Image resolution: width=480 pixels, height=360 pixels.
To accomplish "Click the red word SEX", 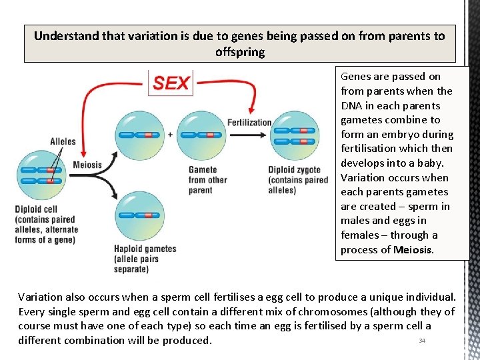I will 171,83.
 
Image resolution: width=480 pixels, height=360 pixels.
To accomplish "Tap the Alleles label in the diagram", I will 63,141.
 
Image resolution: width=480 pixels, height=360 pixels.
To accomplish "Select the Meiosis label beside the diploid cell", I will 87,165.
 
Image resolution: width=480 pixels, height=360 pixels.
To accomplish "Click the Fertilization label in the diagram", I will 249,123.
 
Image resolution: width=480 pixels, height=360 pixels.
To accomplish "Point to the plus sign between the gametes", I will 171,134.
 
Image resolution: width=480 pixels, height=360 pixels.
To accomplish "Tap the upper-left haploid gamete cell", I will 139,134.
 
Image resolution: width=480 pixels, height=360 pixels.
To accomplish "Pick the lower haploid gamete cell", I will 139,214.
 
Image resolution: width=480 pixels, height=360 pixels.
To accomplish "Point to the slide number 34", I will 421,341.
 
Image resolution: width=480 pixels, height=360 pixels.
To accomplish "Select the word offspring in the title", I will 239,52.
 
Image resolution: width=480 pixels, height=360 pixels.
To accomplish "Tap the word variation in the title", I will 134,36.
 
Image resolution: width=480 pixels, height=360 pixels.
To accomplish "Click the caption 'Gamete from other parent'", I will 207,180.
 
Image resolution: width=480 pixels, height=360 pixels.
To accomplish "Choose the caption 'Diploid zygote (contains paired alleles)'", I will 298,180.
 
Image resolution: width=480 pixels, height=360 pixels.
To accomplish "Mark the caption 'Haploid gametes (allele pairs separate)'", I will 145,259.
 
